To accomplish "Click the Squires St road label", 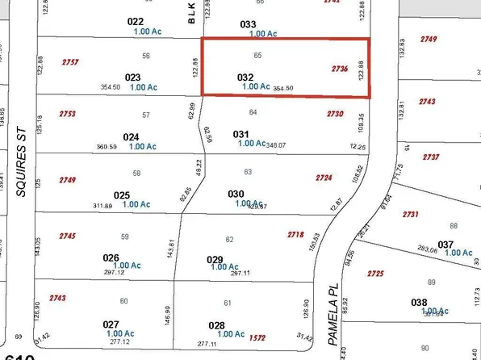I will [22, 172].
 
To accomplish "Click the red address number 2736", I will [339, 69].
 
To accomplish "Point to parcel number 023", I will [133, 77].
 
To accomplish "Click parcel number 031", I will [240, 134].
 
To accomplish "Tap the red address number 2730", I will [336, 114].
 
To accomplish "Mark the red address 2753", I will [67, 114].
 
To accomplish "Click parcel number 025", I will [122, 195].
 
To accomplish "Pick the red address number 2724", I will [324, 177].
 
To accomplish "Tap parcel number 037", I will [444, 245].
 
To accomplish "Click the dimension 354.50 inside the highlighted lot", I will [283, 89].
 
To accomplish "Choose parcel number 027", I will [111, 324].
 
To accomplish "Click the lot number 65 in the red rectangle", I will [257, 56].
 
